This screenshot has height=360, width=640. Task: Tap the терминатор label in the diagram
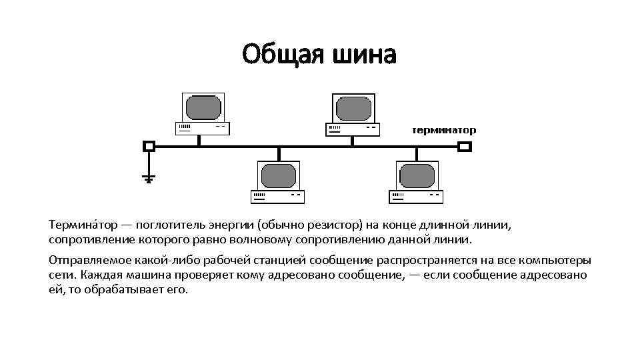tap(443, 130)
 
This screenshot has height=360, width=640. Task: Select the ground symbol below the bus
tap(149, 178)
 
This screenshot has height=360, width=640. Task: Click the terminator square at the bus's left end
tap(149, 146)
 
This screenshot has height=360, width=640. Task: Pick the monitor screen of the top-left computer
tap(203, 107)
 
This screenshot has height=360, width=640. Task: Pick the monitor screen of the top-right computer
tap(353, 107)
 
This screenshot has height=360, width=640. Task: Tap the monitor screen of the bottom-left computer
tap(278, 175)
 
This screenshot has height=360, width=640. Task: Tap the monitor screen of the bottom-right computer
tap(417, 175)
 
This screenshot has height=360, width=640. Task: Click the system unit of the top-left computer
tap(202, 127)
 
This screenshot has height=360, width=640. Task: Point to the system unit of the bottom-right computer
tap(416, 196)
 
